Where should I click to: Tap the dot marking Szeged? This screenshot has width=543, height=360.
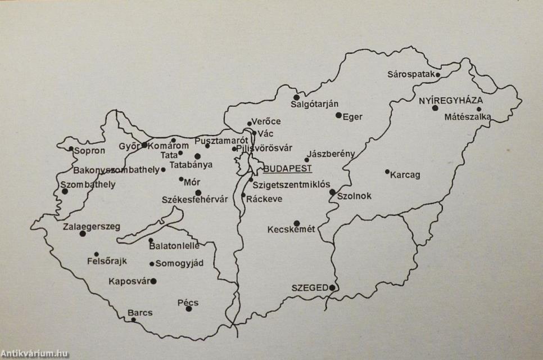(x=332, y=288)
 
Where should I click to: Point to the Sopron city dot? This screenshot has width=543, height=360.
(x=71, y=149)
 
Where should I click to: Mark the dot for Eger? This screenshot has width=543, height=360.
(x=338, y=115)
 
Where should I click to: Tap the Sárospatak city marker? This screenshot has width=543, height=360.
(x=438, y=74)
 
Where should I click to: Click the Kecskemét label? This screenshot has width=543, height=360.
(x=291, y=229)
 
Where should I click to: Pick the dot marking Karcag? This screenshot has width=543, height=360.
(x=387, y=172)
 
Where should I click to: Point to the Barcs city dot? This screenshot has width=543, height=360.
(x=133, y=320)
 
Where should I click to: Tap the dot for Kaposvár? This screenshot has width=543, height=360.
(x=153, y=281)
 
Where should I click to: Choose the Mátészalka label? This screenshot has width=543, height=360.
(x=468, y=118)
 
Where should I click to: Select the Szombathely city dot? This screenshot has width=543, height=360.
(x=65, y=191)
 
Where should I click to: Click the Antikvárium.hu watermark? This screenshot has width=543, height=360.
(x=34, y=354)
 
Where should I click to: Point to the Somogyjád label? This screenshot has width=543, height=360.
(x=179, y=263)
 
